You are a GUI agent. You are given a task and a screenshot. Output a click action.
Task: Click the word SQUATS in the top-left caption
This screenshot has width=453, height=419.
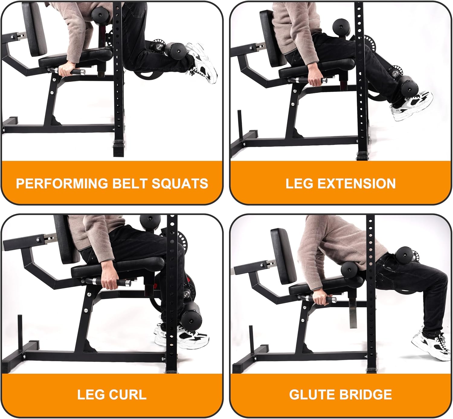(180, 183)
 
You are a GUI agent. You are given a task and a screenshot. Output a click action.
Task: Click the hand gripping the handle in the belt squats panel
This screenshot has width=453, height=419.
(66, 69)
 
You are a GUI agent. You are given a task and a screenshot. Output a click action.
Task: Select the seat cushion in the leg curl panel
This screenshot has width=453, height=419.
(118, 266)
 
